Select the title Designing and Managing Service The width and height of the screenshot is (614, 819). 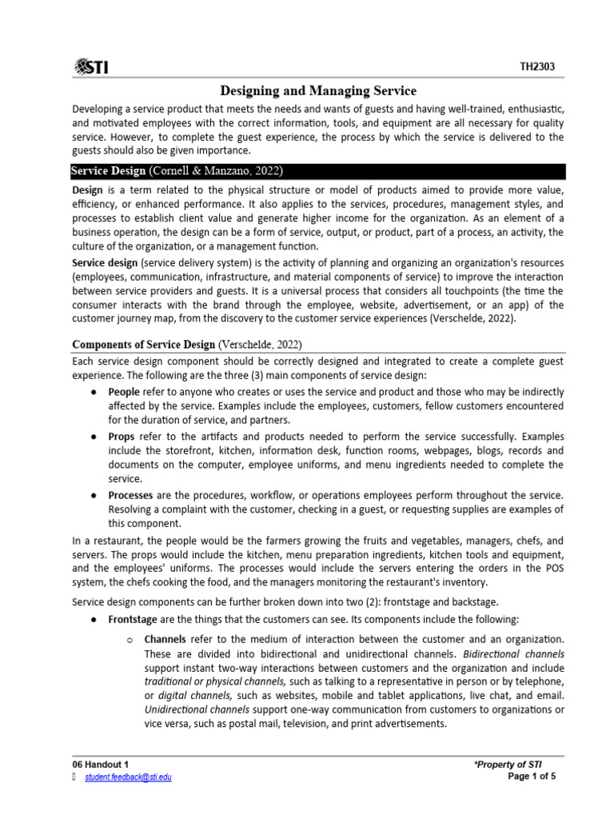tap(318, 91)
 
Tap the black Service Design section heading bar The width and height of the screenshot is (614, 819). tap(318, 171)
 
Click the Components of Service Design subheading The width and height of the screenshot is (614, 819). tap(187, 344)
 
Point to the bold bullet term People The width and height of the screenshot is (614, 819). tap(124, 392)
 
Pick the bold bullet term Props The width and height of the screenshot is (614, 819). tap(122, 436)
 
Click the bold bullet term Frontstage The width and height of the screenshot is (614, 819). tap(134, 620)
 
